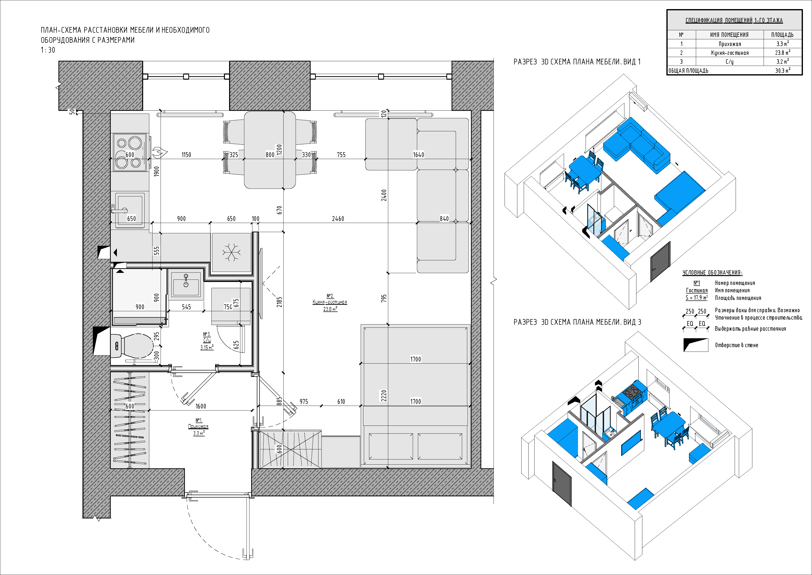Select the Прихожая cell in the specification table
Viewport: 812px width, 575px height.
tap(729, 44)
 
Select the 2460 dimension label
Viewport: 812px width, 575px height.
tap(338, 219)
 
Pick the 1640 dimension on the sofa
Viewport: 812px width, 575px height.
tap(418, 155)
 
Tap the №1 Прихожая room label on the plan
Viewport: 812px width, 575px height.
tap(198, 427)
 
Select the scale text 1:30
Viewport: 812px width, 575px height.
tap(48, 50)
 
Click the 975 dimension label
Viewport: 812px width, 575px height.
tap(303, 401)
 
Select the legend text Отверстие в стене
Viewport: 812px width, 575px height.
tap(736, 345)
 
